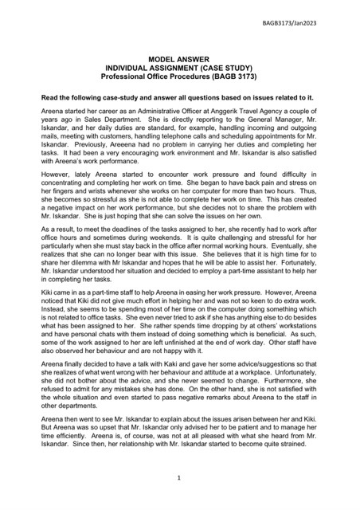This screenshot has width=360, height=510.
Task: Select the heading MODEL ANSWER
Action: (x=180, y=60)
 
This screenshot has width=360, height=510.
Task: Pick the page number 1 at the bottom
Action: (x=180, y=478)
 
